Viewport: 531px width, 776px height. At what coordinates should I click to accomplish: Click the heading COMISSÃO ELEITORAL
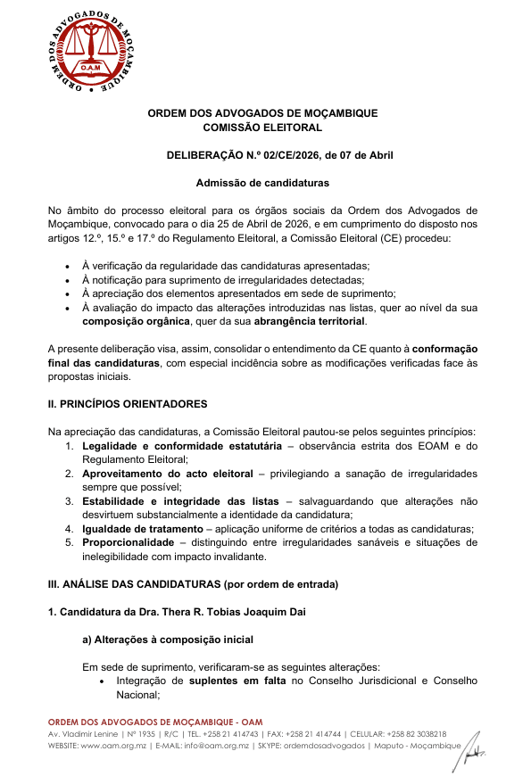tap(262, 128)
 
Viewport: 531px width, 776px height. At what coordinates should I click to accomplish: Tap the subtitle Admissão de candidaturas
tap(262, 183)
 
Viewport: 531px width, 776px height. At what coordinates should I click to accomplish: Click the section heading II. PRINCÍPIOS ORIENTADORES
tap(127, 404)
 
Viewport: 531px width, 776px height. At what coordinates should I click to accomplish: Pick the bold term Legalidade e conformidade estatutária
tap(175, 445)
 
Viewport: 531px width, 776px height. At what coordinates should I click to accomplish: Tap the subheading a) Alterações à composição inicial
tap(167, 639)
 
